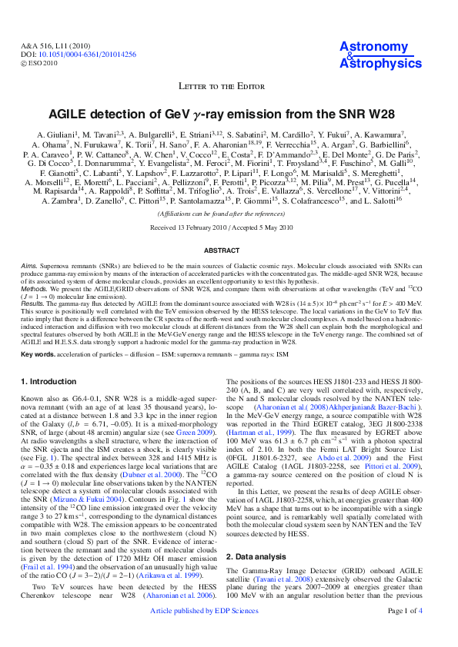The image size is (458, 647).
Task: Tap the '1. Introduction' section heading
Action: tap(48, 382)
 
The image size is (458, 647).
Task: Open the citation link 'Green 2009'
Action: tap(198, 432)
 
